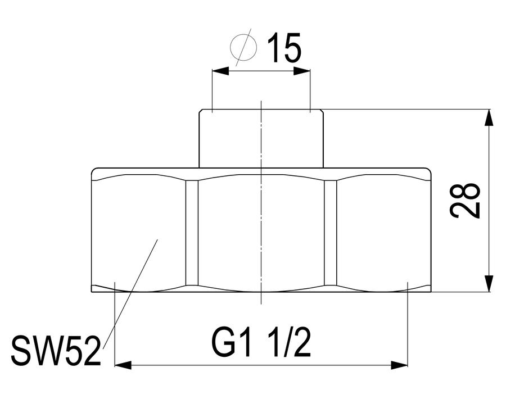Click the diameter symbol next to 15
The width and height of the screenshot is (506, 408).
(245, 47)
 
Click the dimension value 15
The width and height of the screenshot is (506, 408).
(284, 47)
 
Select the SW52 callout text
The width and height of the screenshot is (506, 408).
(55, 351)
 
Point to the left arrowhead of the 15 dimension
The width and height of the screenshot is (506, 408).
(220, 71)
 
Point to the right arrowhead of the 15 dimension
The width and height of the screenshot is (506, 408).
(302, 71)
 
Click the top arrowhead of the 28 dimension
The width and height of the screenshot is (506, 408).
(489, 118)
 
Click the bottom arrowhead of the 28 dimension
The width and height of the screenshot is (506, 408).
(489, 283)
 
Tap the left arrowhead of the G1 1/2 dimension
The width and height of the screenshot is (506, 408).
(123, 365)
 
